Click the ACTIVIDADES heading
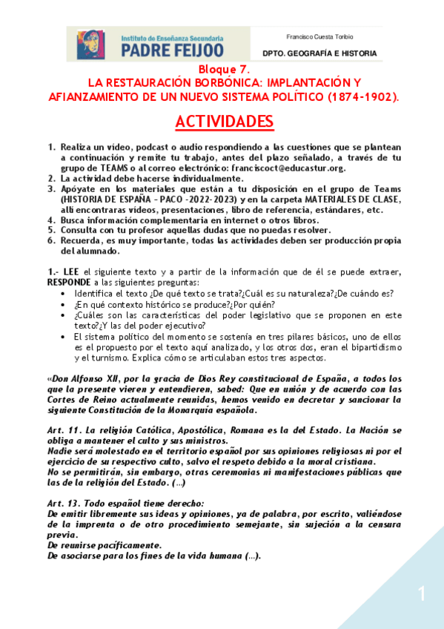pos(224,121)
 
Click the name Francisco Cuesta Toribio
pos(319,36)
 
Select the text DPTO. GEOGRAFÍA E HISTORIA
pos(319,53)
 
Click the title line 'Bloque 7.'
pos(223,69)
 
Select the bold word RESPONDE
pos(68,283)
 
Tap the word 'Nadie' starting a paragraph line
pos(59,451)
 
